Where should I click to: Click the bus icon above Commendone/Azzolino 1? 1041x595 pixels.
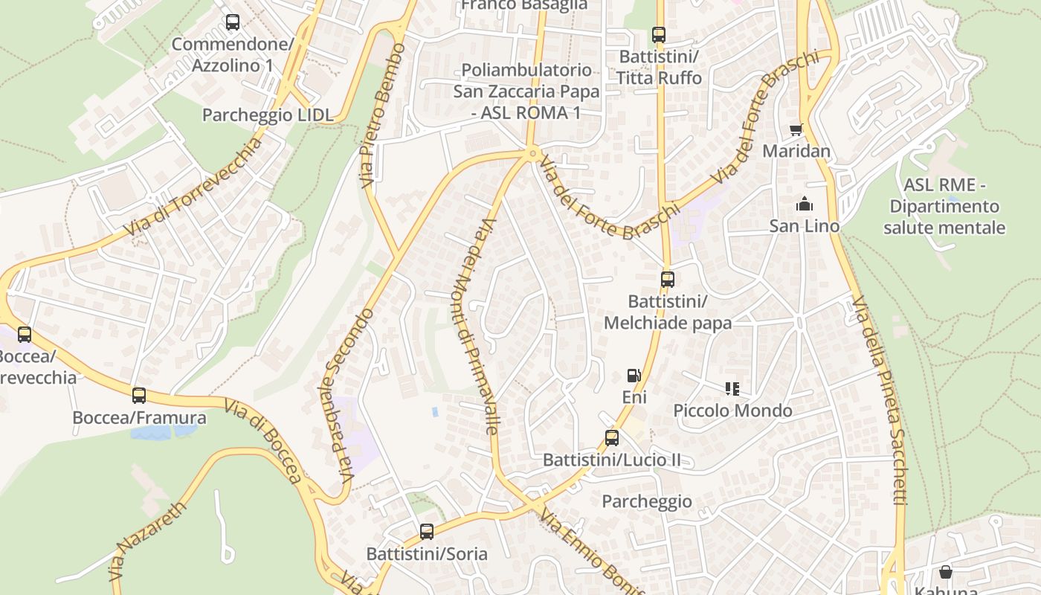coord(233,22)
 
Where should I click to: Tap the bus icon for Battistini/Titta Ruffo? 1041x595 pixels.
coord(658,34)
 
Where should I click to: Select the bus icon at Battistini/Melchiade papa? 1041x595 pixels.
coord(668,280)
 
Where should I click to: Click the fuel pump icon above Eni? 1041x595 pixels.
coord(634,376)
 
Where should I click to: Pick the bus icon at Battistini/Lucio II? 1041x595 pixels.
coord(611,438)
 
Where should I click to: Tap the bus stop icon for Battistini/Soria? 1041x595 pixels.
coord(426,532)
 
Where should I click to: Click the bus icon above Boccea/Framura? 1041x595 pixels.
coord(139,396)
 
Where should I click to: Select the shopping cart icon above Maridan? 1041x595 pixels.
coord(796,129)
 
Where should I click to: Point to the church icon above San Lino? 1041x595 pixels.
coord(804,204)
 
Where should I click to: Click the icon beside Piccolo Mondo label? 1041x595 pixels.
coord(732,388)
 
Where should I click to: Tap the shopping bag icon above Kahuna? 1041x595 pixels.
coord(945,572)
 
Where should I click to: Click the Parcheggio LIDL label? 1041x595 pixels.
coord(268,115)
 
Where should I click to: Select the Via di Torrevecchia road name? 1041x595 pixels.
coord(193,187)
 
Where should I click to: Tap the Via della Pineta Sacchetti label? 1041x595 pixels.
coord(880,402)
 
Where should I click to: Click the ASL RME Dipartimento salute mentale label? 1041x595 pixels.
coord(944,206)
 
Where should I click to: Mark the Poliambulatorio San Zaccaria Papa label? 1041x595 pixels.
coord(526,91)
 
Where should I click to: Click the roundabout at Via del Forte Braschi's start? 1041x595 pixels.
coord(532,154)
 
